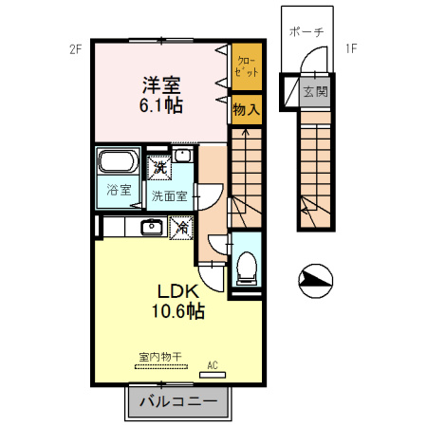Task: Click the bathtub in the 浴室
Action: (x=118, y=161)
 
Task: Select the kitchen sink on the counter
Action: (x=152, y=227)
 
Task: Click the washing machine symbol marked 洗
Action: (x=159, y=168)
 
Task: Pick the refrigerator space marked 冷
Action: (x=181, y=228)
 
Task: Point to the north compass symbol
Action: (x=315, y=281)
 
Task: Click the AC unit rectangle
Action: (x=213, y=375)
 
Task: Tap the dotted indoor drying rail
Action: (x=161, y=367)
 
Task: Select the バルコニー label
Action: (x=178, y=402)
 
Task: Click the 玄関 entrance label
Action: (x=315, y=92)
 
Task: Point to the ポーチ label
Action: (x=306, y=32)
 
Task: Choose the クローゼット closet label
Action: (x=247, y=66)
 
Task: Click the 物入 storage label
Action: (x=247, y=110)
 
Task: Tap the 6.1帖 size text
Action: (x=161, y=105)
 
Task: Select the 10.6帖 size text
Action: (x=178, y=311)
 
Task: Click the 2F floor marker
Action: (x=76, y=49)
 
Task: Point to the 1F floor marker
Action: (x=351, y=49)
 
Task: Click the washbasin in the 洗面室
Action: (x=183, y=156)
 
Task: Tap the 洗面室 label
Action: (x=169, y=196)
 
